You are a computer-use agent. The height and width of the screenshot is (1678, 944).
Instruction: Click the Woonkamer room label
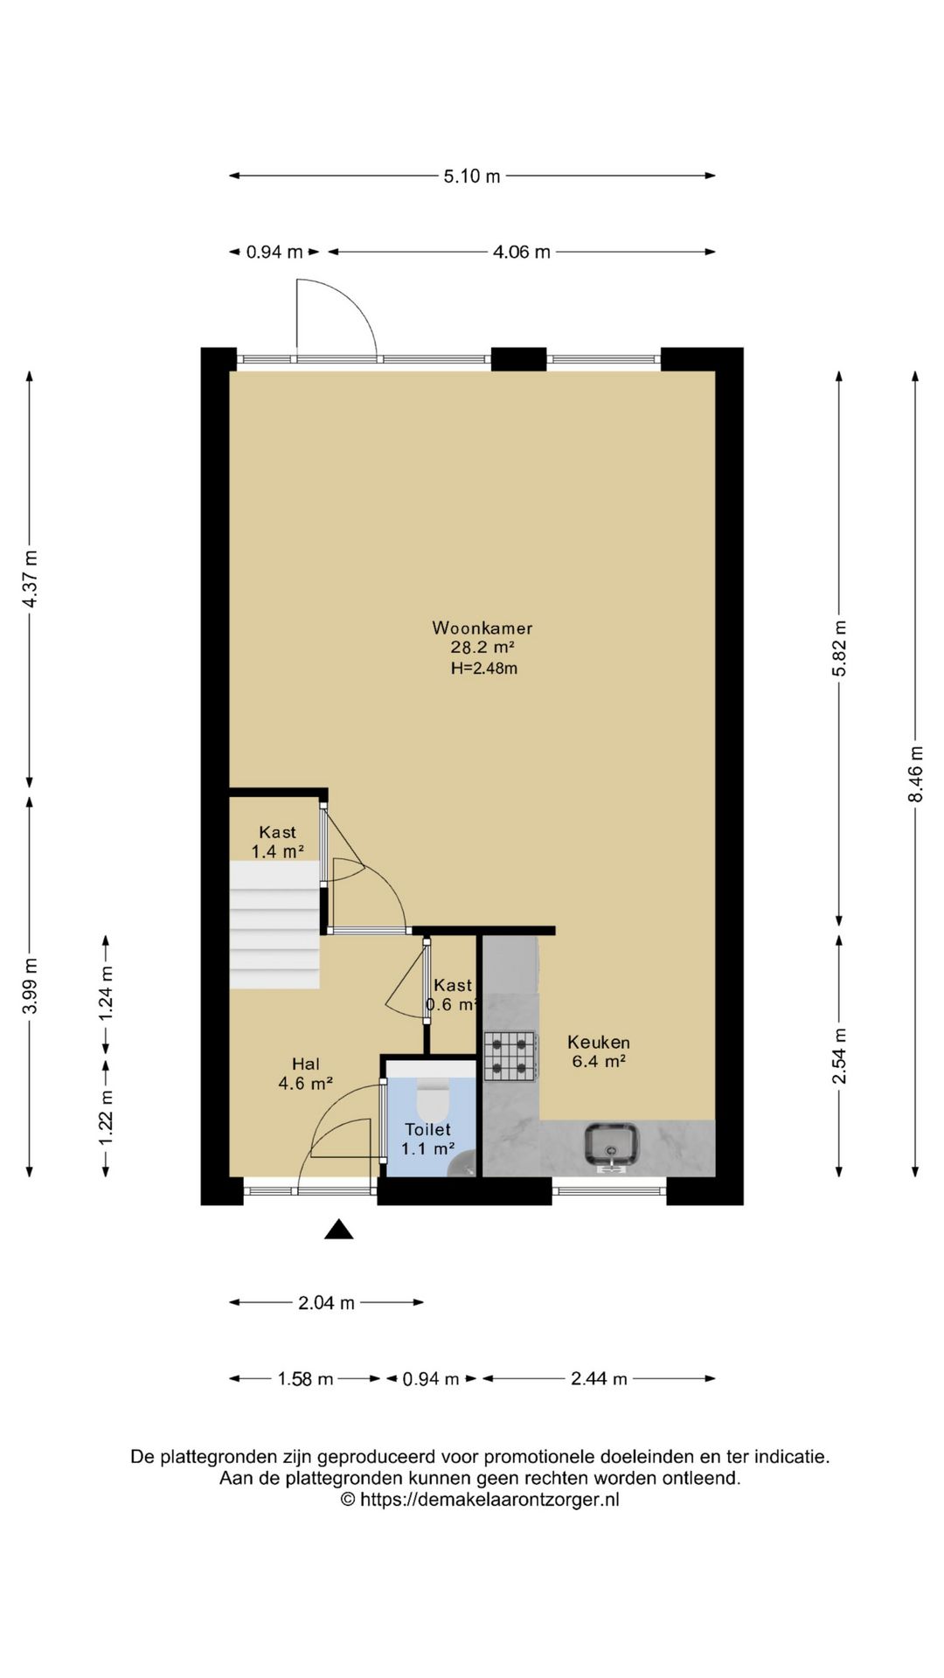[x=482, y=628]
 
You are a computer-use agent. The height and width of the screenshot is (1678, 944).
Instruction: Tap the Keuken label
[x=599, y=1042]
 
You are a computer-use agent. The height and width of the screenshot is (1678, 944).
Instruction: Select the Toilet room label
[x=428, y=1129]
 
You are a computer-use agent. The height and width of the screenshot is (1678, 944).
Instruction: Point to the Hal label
[x=306, y=1064]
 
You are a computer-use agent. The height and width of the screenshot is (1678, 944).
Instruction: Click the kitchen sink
[x=613, y=1146]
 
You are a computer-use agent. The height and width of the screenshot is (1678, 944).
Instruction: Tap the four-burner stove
[x=510, y=1057]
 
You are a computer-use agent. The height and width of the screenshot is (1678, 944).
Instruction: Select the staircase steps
[x=274, y=925]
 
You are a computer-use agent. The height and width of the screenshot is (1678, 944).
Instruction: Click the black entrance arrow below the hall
[x=339, y=1230]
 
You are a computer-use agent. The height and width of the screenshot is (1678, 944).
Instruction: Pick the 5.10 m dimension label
[x=472, y=176]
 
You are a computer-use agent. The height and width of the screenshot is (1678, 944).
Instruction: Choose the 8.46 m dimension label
[x=915, y=773]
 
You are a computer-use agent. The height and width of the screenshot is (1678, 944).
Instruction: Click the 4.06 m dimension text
[x=522, y=252]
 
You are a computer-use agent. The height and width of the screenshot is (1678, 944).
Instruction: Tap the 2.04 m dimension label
[x=327, y=1302]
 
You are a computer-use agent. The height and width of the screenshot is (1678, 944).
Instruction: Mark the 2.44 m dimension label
[x=600, y=1378]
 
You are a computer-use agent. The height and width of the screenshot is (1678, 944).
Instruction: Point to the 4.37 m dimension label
[x=30, y=579]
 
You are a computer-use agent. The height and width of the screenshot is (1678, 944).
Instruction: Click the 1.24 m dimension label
[x=106, y=992]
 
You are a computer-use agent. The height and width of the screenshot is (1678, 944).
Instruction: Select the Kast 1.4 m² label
[x=278, y=842]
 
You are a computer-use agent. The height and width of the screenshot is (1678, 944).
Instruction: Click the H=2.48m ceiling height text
[x=484, y=669]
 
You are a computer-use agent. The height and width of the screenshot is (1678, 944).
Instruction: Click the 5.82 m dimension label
[x=840, y=648]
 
